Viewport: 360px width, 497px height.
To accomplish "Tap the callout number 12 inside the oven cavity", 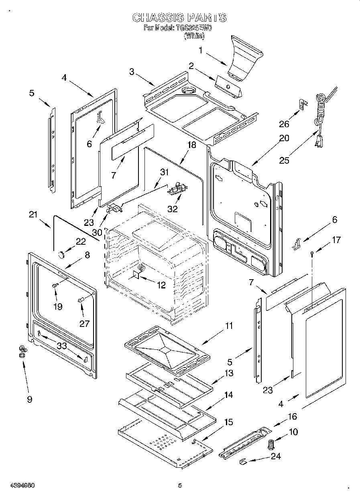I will [x=161, y=285].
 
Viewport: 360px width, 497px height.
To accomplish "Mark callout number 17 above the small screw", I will [x=336, y=240].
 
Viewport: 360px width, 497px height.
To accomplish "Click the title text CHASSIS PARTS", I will [x=179, y=18].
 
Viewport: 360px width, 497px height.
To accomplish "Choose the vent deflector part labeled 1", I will [x=245, y=56].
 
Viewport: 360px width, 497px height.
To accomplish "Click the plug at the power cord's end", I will [x=319, y=142].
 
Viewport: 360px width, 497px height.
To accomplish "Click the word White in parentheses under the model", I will [x=194, y=36].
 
